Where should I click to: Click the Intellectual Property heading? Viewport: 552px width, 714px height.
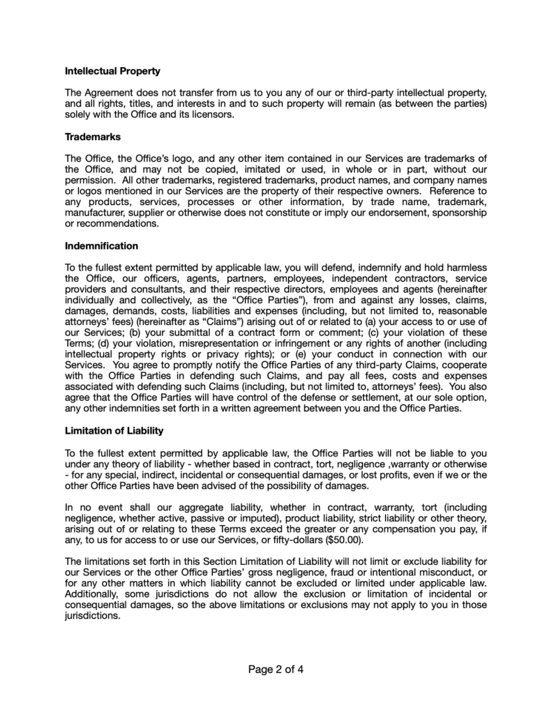(112, 71)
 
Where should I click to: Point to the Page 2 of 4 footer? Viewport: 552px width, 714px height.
(276, 671)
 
